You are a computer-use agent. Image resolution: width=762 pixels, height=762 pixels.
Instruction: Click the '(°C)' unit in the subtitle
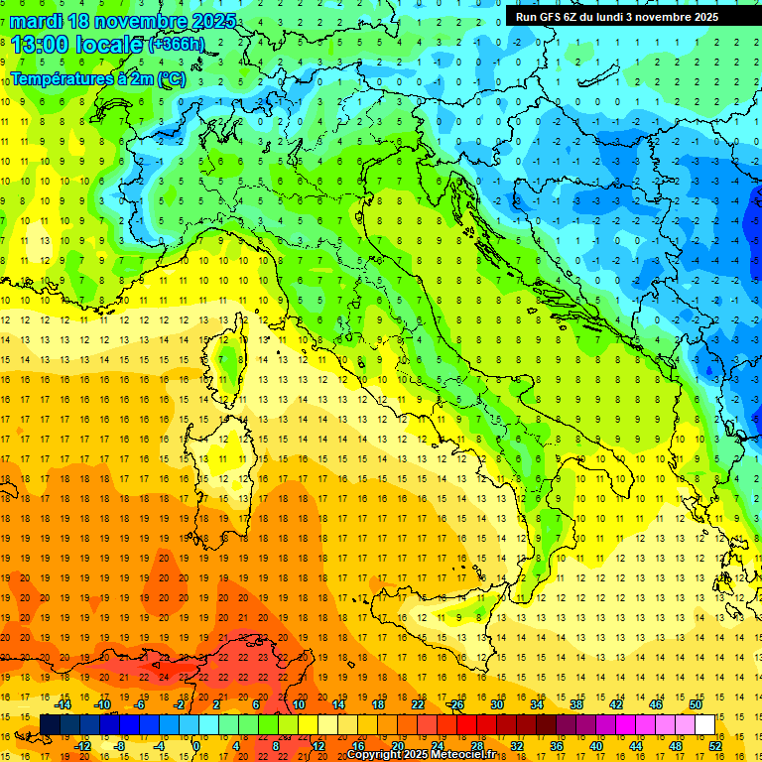[x=170, y=78]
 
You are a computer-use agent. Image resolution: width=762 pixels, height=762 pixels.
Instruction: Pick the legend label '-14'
[x=63, y=704]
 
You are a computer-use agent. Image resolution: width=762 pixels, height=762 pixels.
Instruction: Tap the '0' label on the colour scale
[x=196, y=745]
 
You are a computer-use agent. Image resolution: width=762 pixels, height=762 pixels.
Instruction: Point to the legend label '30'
[x=495, y=704]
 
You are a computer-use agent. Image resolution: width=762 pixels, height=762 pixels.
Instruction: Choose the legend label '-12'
[x=83, y=745]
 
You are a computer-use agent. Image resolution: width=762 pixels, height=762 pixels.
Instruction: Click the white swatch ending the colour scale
[x=704, y=724]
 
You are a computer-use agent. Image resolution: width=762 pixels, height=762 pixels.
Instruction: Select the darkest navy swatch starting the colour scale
[x=50, y=724]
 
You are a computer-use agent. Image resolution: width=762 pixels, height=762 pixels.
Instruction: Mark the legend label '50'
[x=696, y=704]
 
